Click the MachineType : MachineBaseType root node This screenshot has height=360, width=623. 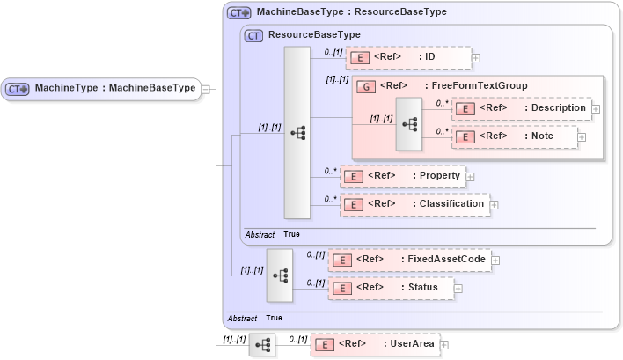101,88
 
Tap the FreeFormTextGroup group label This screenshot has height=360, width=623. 475,86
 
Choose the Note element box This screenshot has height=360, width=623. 515,136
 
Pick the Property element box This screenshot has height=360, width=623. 402,176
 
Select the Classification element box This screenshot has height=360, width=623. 414,204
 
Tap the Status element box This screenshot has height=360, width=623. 391,288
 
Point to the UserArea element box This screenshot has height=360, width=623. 375,344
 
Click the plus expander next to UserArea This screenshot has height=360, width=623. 444,345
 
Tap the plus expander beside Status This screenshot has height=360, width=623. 458,289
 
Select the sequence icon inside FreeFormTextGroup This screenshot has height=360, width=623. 409,124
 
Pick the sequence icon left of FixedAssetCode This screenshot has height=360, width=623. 279,275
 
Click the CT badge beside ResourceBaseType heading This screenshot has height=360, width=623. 253,35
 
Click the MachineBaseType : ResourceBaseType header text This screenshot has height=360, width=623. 351,12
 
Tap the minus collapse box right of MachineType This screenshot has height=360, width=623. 205,88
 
